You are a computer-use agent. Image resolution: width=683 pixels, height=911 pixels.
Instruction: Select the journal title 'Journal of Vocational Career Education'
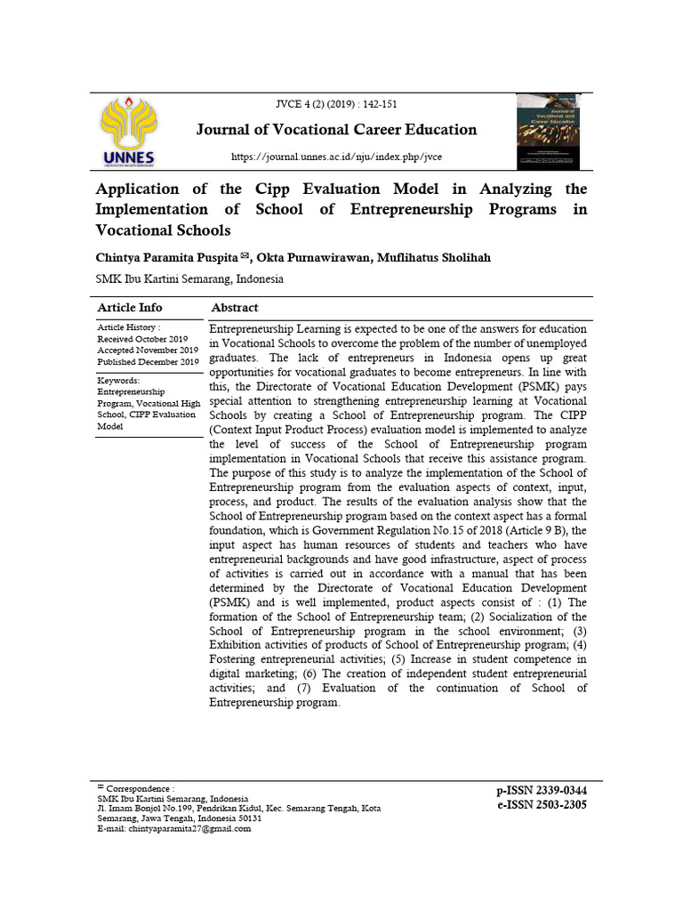coord(336,130)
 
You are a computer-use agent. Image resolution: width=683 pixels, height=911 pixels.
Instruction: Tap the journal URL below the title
coord(336,157)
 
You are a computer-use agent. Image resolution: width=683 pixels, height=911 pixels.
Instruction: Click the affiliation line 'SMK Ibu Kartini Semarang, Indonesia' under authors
coord(189,278)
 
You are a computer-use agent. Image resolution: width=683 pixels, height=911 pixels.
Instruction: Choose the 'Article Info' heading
coord(130,308)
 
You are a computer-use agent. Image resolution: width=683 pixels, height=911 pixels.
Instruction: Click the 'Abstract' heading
coord(235,308)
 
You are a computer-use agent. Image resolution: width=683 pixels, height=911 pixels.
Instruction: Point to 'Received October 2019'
coord(142,339)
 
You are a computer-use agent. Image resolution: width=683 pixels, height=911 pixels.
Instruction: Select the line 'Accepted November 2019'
coord(146,351)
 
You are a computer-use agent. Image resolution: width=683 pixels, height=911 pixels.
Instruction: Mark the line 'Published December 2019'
coord(148,362)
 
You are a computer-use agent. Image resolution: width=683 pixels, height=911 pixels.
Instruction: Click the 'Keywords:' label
coord(122,380)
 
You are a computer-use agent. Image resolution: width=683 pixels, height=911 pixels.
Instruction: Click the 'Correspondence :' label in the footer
coord(140,788)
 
